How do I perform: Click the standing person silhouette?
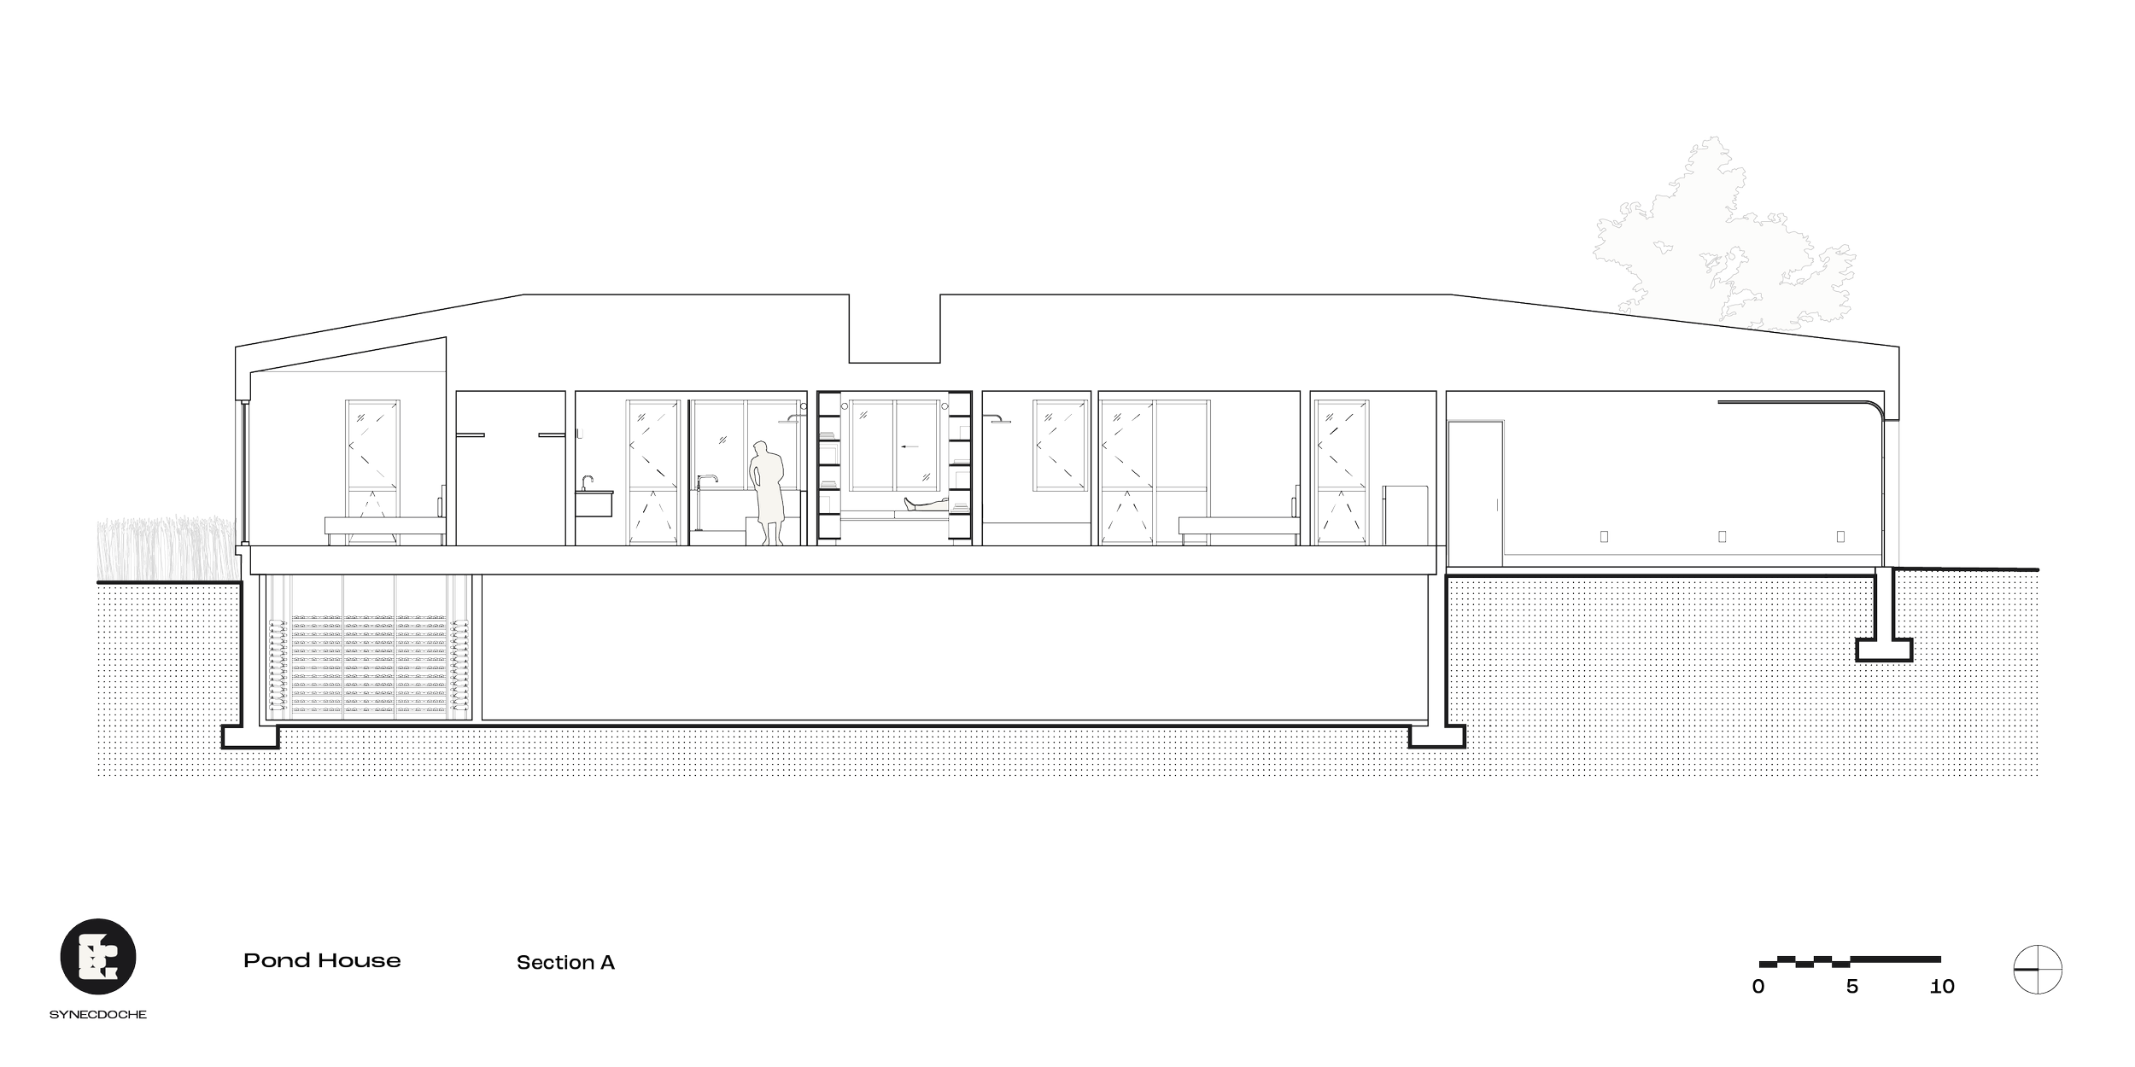click(769, 493)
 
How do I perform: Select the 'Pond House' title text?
click(322, 961)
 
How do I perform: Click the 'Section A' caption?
click(565, 963)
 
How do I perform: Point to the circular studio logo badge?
click(98, 957)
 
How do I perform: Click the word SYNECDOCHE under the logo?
click(98, 1015)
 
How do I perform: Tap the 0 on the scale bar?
click(1758, 987)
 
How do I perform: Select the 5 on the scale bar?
click(1851, 987)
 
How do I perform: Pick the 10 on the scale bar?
click(1942, 987)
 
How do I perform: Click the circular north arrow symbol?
click(2038, 971)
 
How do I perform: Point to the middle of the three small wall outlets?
click(1723, 537)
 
